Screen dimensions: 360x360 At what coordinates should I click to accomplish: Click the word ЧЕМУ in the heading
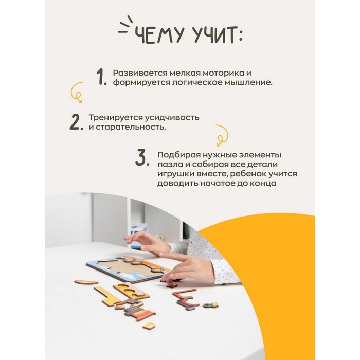click(159, 35)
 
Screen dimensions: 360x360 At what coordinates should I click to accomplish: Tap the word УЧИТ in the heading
click(214, 35)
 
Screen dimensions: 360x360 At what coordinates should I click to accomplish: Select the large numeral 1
click(101, 77)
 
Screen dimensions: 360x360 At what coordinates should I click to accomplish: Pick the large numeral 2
click(76, 122)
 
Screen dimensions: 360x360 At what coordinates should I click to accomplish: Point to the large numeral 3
click(142, 157)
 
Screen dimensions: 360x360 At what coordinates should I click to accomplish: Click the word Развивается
click(140, 73)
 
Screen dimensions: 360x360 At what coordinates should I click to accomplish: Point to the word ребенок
click(248, 174)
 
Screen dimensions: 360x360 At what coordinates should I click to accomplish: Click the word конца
click(263, 184)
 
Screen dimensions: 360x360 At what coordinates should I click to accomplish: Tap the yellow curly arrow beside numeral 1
click(77, 92)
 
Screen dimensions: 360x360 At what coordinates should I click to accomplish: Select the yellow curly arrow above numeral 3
click(222, 135)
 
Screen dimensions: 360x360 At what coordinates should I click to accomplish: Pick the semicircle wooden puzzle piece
click(86, 282)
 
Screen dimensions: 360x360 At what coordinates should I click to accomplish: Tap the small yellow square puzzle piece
click(149, 326)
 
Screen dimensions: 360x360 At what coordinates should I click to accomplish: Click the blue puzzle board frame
click(129, 269)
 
